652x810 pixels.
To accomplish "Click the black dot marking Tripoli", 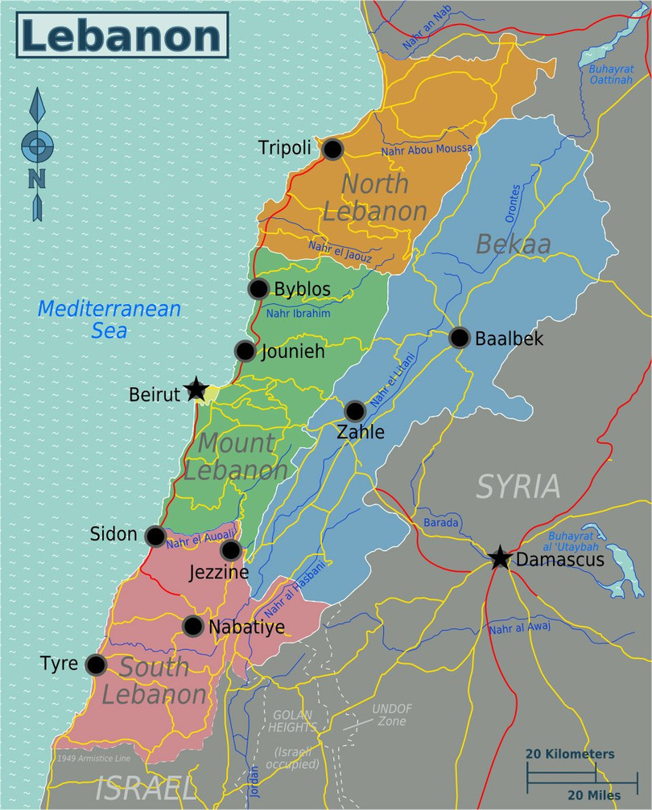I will click(332, 149).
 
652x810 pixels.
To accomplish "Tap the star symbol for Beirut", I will click(196, 390).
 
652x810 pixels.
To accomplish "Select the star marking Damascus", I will click(500, 557).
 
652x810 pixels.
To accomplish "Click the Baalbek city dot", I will click(459, 338).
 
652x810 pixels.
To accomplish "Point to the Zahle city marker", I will click(355, 411).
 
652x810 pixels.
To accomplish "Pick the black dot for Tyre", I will click(96, 665).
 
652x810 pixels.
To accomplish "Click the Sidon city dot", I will click(155, 536).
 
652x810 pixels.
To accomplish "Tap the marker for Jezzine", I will click(230, 550).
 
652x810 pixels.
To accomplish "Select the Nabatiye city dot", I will click(192, 626).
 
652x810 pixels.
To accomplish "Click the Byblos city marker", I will click(258, 290).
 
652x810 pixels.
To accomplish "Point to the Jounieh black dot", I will click(246, 351).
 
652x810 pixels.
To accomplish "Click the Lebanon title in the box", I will click(121, 36).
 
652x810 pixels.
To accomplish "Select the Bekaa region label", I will click(513, 244).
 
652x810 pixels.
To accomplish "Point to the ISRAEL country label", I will click(145, 789).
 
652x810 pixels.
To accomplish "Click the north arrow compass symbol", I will click(37, 153).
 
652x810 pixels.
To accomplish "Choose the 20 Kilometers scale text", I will click(570, 754).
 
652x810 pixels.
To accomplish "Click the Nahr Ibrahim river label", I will click(298, 314).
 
